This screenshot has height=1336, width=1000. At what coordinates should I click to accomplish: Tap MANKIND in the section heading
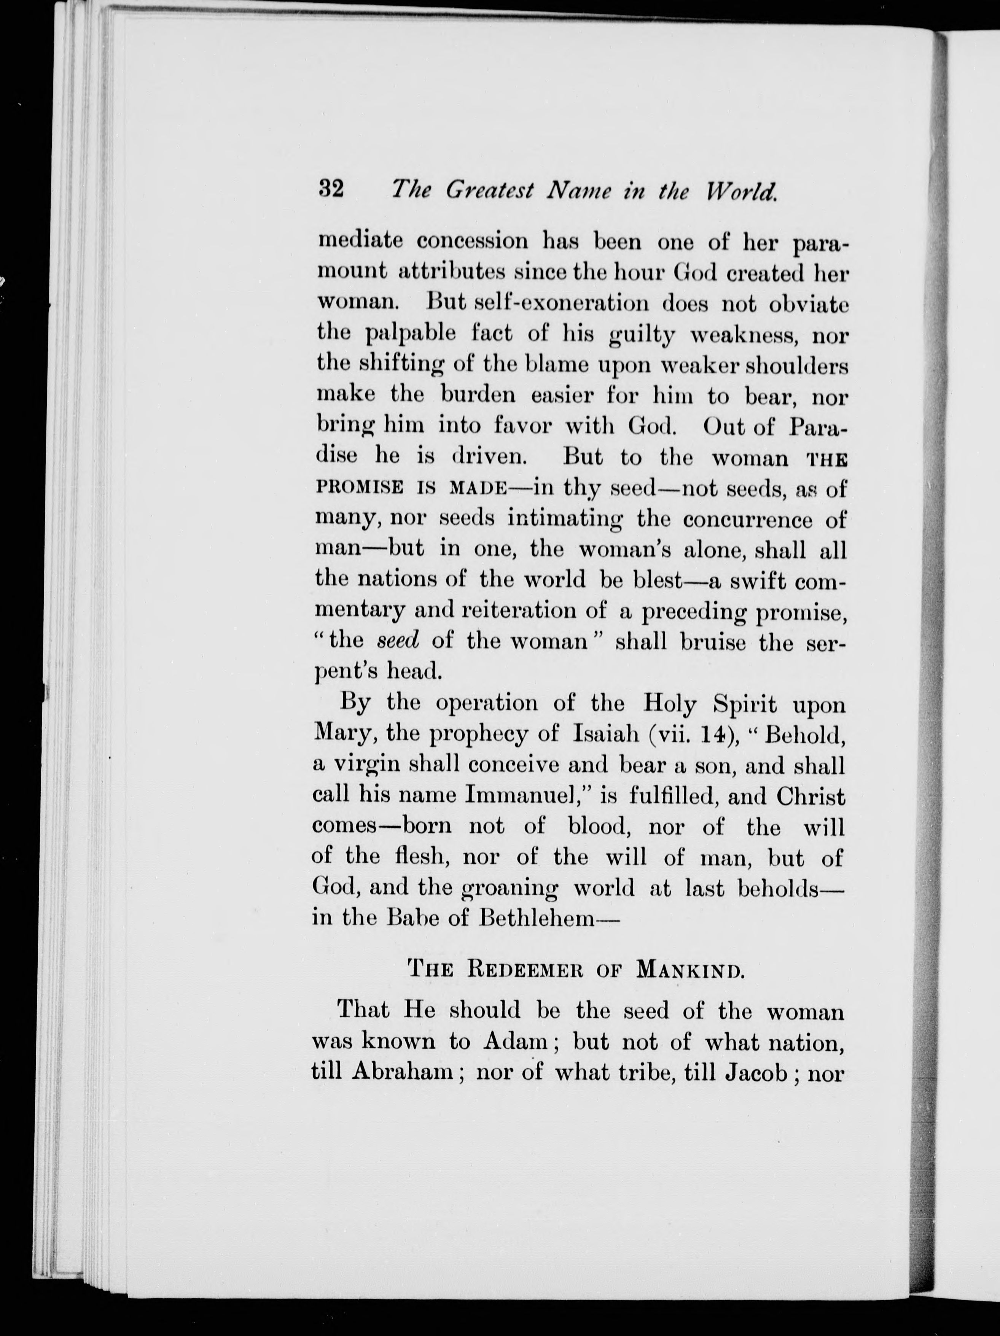(689, 970)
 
